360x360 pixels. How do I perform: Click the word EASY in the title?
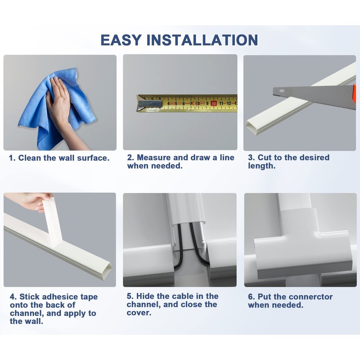coord(121,40)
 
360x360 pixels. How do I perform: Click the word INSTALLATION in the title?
coord(202,40)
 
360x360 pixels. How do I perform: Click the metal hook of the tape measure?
coord(149,103)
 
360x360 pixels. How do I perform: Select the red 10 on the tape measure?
coord(214,103)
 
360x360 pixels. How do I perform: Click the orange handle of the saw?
coord(355,93)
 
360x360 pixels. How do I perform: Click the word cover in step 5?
coord(139,313)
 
